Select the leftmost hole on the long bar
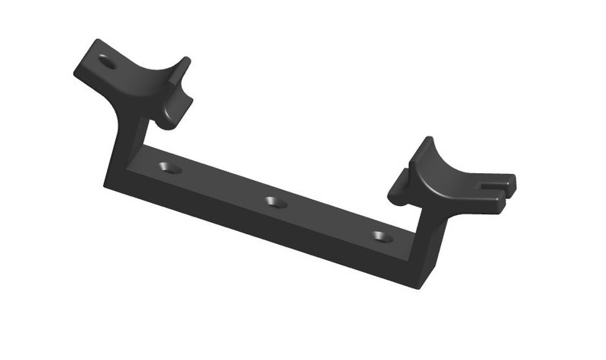click(170, 167)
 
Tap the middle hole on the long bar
click(276, 202)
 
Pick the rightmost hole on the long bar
click(382, 236)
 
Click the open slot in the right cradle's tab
click(495, 185)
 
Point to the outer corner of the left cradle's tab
click(77, 73)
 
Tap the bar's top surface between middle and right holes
click(328, 217)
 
